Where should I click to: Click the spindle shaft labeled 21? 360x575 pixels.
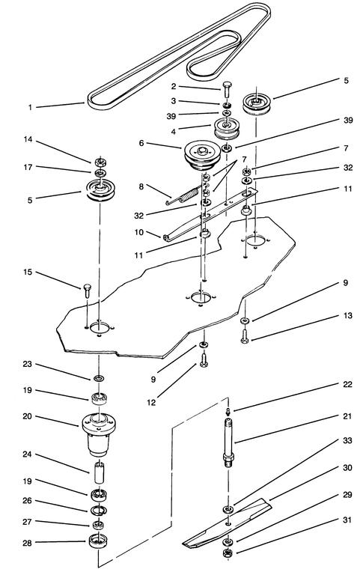(x=228, y=442)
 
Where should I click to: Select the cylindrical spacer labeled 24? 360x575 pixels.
(x=98, y=475)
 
